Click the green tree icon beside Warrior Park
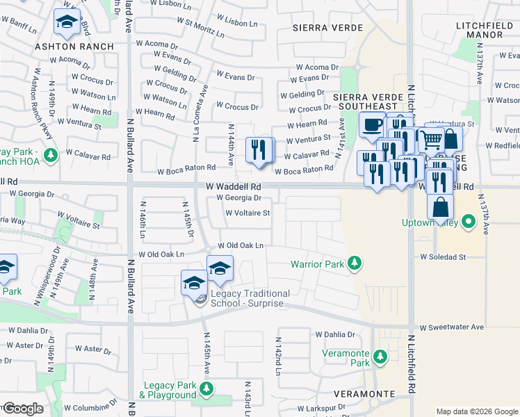pos(355,263)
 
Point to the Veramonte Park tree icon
pos(380,357)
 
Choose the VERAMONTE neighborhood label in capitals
pos(364,393)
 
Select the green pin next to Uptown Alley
pos(469,223)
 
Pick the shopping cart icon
pos(431,139)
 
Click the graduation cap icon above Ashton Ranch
pos(67,23)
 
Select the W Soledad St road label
pos(442,257)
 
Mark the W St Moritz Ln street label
pos(200,27)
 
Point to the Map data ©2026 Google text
pos(476,411)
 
